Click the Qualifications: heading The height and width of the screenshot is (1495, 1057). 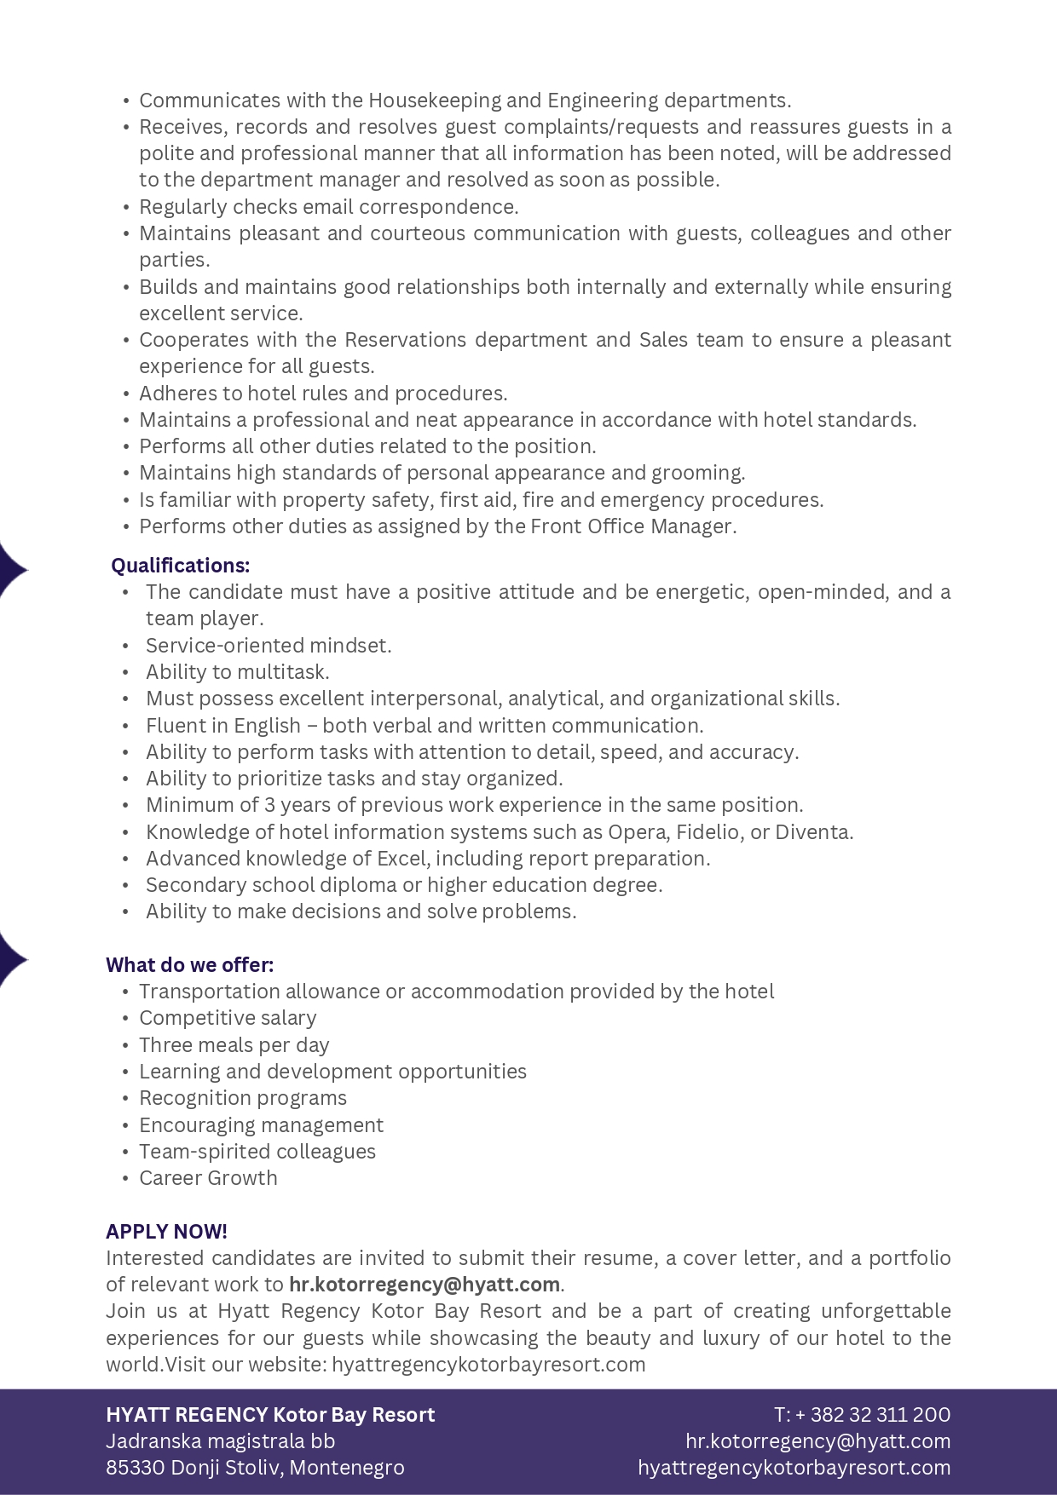181,566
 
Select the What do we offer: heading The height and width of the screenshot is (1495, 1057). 189,965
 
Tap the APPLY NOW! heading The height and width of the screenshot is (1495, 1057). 166,1232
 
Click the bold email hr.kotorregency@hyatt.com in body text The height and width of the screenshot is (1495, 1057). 425,1285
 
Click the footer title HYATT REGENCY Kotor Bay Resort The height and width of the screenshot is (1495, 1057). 270,1415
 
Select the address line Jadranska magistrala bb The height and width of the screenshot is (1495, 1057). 220,1441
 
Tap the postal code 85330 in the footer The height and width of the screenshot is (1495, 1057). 136,1468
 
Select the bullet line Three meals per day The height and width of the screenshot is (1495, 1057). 234,1045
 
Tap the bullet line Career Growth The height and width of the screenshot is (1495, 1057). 208,1178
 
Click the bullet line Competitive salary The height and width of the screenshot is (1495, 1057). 228,1018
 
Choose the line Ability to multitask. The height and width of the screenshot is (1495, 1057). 237,672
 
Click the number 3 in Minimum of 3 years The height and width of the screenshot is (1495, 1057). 269,805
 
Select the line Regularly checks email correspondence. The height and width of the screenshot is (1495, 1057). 328,207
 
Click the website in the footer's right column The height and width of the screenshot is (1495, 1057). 794,1468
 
